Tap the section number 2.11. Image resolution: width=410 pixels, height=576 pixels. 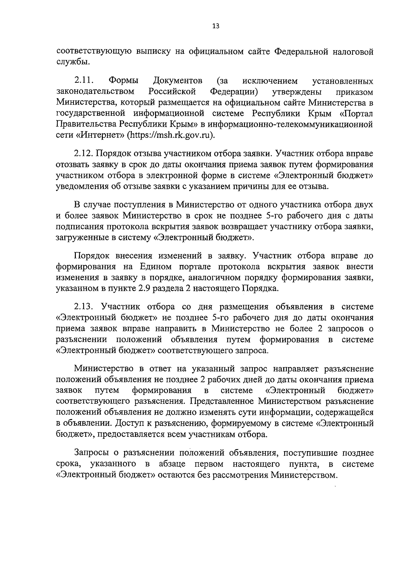pyautogui.click(x=84, y=81)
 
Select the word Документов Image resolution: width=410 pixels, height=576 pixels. pyautogui.click(x=178, y=81)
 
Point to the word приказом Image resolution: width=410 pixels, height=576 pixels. pyautogui.click(x=354, y=92)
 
